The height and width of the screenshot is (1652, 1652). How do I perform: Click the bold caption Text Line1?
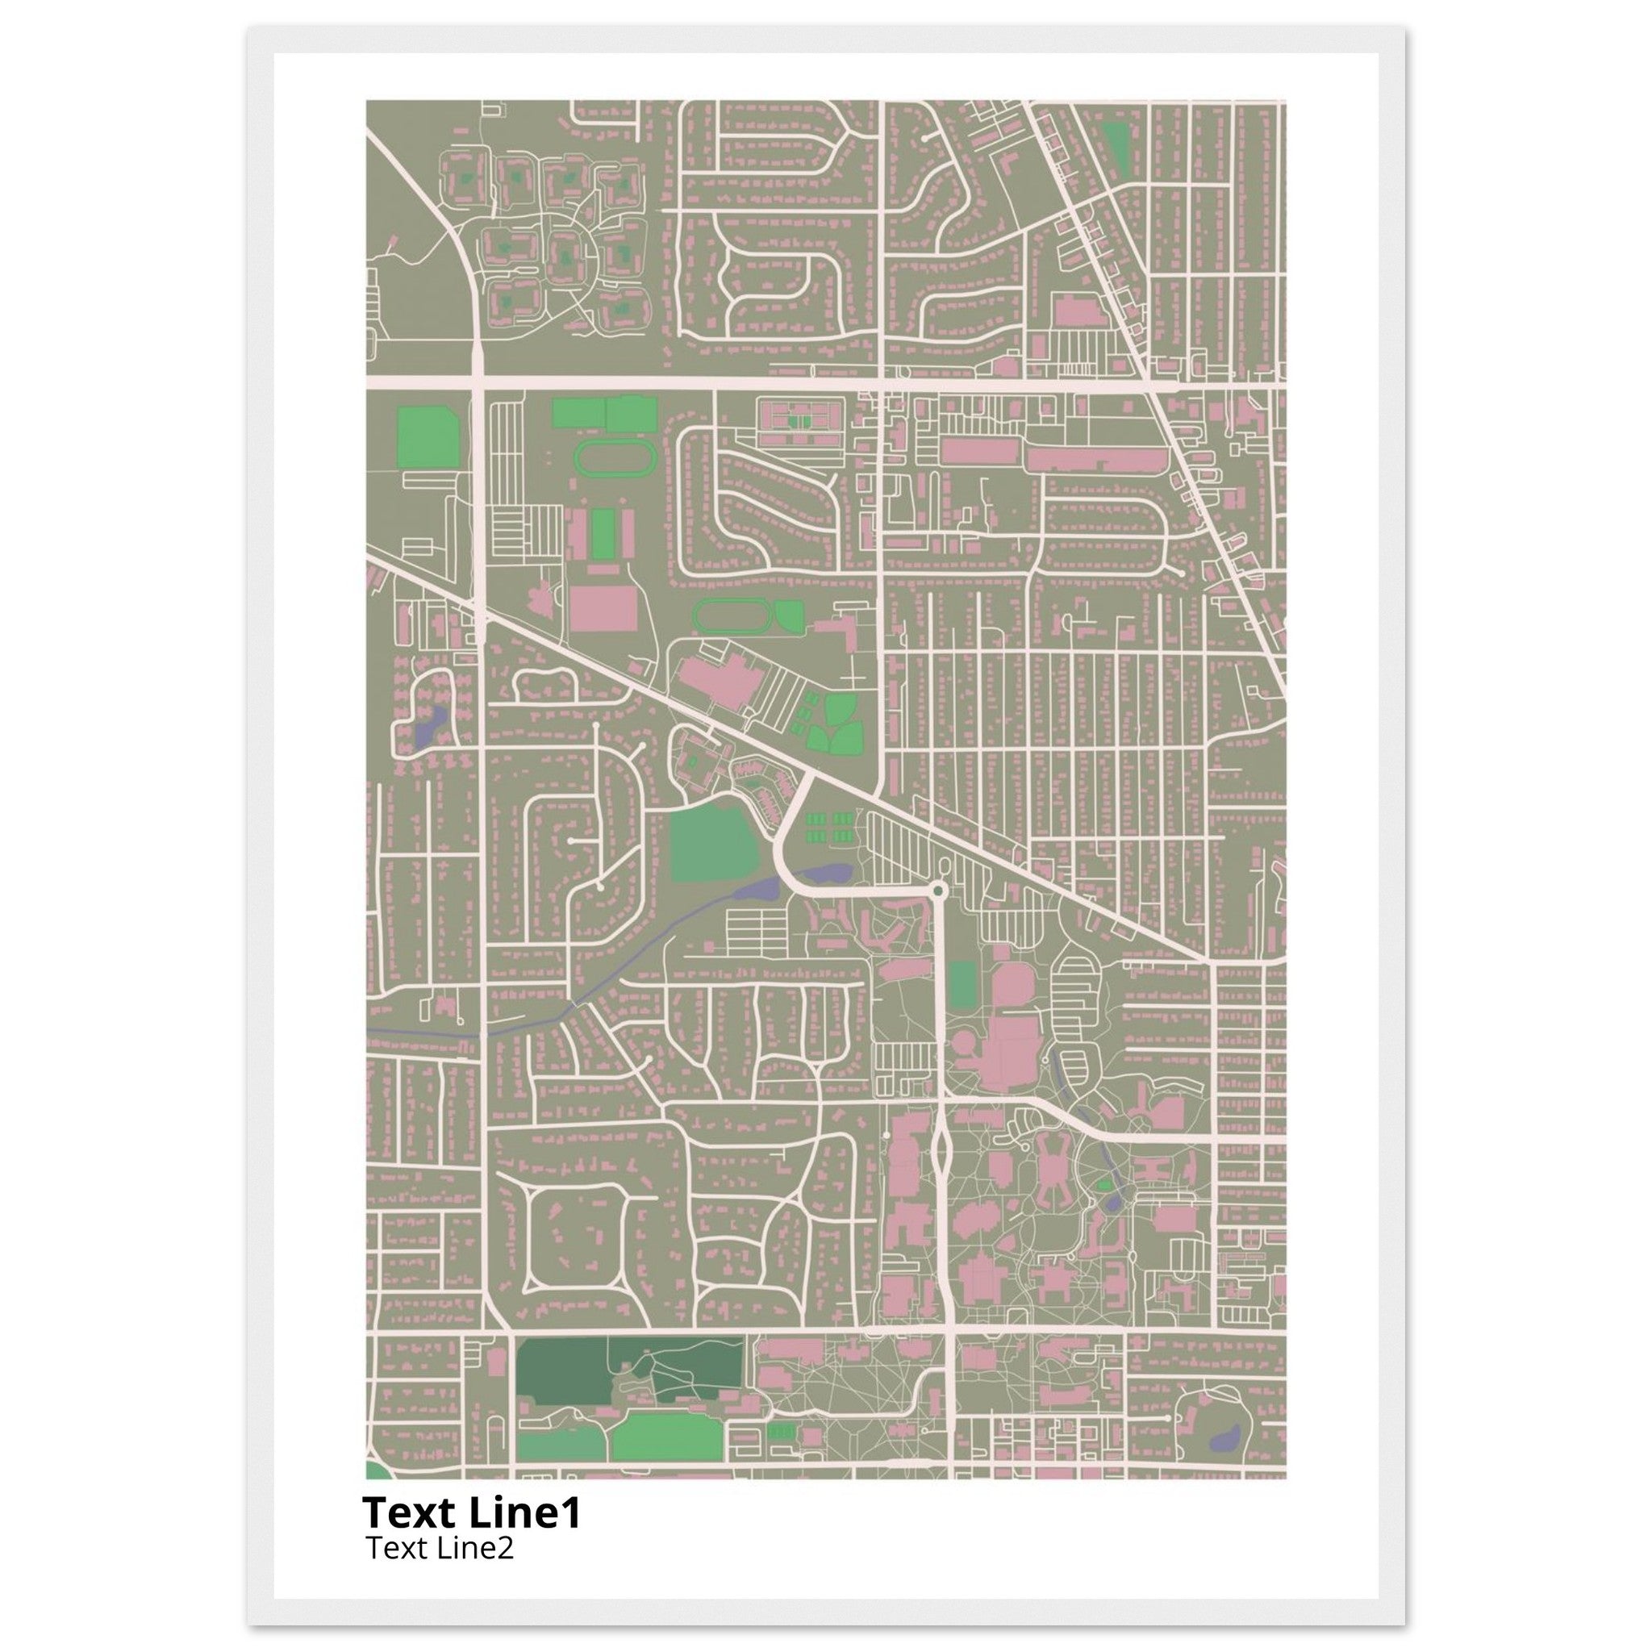[471, 1513]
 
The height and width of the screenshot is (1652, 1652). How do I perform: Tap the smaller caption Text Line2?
[440, 1549]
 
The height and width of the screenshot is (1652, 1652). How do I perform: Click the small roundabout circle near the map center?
[939, 892]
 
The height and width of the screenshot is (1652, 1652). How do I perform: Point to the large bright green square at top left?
[428, 437]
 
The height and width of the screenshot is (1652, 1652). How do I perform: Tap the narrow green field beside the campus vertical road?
[962, 984]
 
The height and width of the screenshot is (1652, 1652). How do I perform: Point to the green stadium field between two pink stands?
[604, 533]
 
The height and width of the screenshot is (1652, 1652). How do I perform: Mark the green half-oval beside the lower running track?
[789, 616]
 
